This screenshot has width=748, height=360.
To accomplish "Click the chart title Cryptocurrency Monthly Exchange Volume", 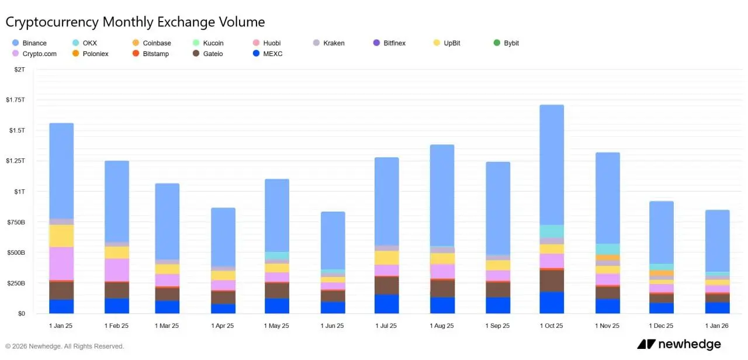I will [135, 22].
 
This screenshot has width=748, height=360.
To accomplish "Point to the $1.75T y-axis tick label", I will [15, 100].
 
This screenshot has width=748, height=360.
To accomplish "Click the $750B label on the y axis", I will [15, 222].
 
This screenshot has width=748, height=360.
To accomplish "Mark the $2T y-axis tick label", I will [19, 70].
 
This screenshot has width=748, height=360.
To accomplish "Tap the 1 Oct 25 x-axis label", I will [551, 326].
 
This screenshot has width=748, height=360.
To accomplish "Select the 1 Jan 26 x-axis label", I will [717, 326].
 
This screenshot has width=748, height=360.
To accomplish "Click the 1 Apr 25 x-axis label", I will [222, 326].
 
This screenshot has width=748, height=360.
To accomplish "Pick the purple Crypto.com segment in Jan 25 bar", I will [61, 264].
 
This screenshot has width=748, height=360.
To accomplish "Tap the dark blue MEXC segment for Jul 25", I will [386, 304].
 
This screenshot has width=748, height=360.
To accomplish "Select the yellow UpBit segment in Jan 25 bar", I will [61, 236].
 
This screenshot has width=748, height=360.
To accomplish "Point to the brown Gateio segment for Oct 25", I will [551, 281].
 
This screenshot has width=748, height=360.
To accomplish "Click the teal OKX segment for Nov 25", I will [607, 249].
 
